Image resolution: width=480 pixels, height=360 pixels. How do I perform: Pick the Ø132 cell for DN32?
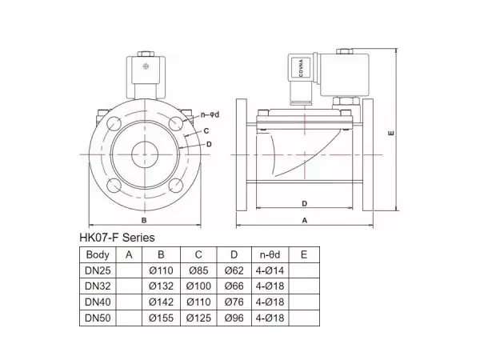tap(162, 286)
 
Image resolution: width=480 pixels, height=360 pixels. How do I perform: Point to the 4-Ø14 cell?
tap(268, 270)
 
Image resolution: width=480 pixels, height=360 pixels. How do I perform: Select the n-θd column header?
tap(268, 254)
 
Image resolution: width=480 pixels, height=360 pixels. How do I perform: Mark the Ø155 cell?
tap(162, 319)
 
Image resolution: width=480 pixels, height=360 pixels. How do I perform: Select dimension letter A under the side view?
tap(305, 218)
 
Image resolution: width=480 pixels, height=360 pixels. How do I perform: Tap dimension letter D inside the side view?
tap(305, 202)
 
